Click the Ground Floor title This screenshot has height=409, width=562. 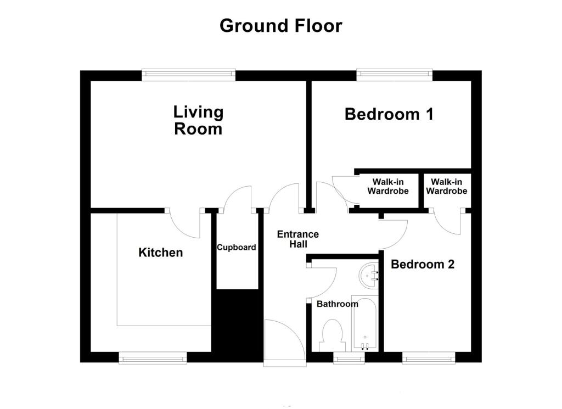point(280,26)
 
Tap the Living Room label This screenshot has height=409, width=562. point(198,120)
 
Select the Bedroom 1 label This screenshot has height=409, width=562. point(389,114)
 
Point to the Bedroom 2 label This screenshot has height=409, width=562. point(423,264)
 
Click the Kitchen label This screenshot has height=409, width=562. point(161,253)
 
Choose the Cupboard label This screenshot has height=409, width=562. point(237,248)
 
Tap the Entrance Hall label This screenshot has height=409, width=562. point(298,239)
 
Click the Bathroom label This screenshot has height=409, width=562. point(338,304)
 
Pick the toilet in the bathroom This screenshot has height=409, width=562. point(332,336)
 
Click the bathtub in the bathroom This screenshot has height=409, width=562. point(365,323)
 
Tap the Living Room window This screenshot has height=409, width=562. point(189,75)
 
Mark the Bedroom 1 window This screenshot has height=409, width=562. point(394,75)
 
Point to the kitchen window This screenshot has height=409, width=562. point(153,358)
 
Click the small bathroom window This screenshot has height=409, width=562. point(349,358)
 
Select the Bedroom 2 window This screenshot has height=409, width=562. point(429,358)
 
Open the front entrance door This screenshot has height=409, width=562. point(285,343)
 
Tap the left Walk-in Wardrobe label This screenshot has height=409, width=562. point(388,187)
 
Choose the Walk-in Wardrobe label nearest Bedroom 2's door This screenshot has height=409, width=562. point(447,187)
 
